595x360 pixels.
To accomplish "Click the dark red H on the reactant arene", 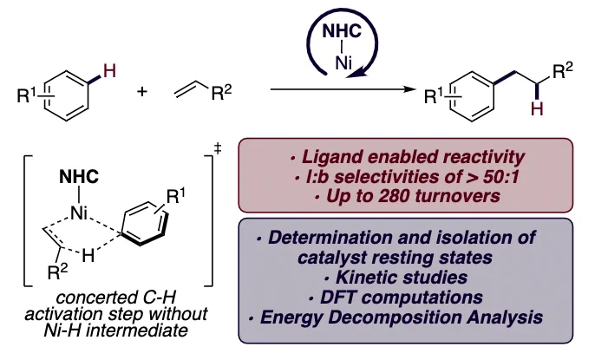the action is pyautogui.click(x=109, y=71).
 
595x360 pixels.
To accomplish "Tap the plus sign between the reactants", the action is pyautogui.click(x=142, y=91).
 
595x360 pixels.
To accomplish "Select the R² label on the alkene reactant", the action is pyautogui.click(x=221, y=92).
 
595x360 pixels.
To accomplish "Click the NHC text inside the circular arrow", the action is pyautogui.click(x=342, y=30).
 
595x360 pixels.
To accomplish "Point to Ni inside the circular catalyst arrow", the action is pyautogui.click(x=343, y=63).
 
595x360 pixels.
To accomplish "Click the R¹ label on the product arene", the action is pyautogui.click(x=435, y=96).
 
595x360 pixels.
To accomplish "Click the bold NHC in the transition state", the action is pyautogui.click(x=79, y=177).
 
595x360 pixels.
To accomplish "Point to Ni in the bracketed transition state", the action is pyautogui.click(x=79, y=213).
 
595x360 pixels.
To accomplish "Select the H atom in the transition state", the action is pyautogui.click(x=88, y=256).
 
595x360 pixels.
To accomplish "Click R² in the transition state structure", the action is pyautogui.click(x=57, y=272).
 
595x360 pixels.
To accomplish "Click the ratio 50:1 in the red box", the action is pyautogui.click(x=501, y=176).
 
